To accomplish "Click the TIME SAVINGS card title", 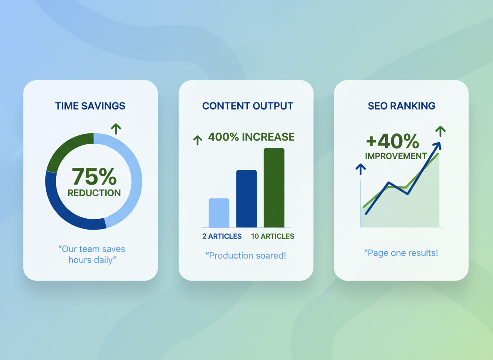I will click(x=90, y=106).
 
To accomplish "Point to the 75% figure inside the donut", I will click(x=94, y=176).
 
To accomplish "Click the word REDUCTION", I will click(x=94, y=193).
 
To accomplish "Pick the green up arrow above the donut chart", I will click(x=116, y=128).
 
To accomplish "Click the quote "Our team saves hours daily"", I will click(x=92, y=255).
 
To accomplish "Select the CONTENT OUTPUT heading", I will click(x=247, y=106).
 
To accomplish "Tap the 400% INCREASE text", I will click(x=251, y=137).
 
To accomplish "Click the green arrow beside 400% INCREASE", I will click(x=198, y=140).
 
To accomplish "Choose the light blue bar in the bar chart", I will click(x=219, y=213).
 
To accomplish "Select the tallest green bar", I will click(x=274, y=187).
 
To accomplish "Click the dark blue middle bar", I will click(x=246, y=199).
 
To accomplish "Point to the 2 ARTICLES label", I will click(x=222, y=236).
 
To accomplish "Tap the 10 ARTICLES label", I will click(x=273, y=236).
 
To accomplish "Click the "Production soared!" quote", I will click(x=246, y=255).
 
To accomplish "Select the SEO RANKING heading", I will click(x=401, y=106).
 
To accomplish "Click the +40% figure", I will click(x=392, y=142).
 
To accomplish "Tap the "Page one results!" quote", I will click(x=401, y=253).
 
